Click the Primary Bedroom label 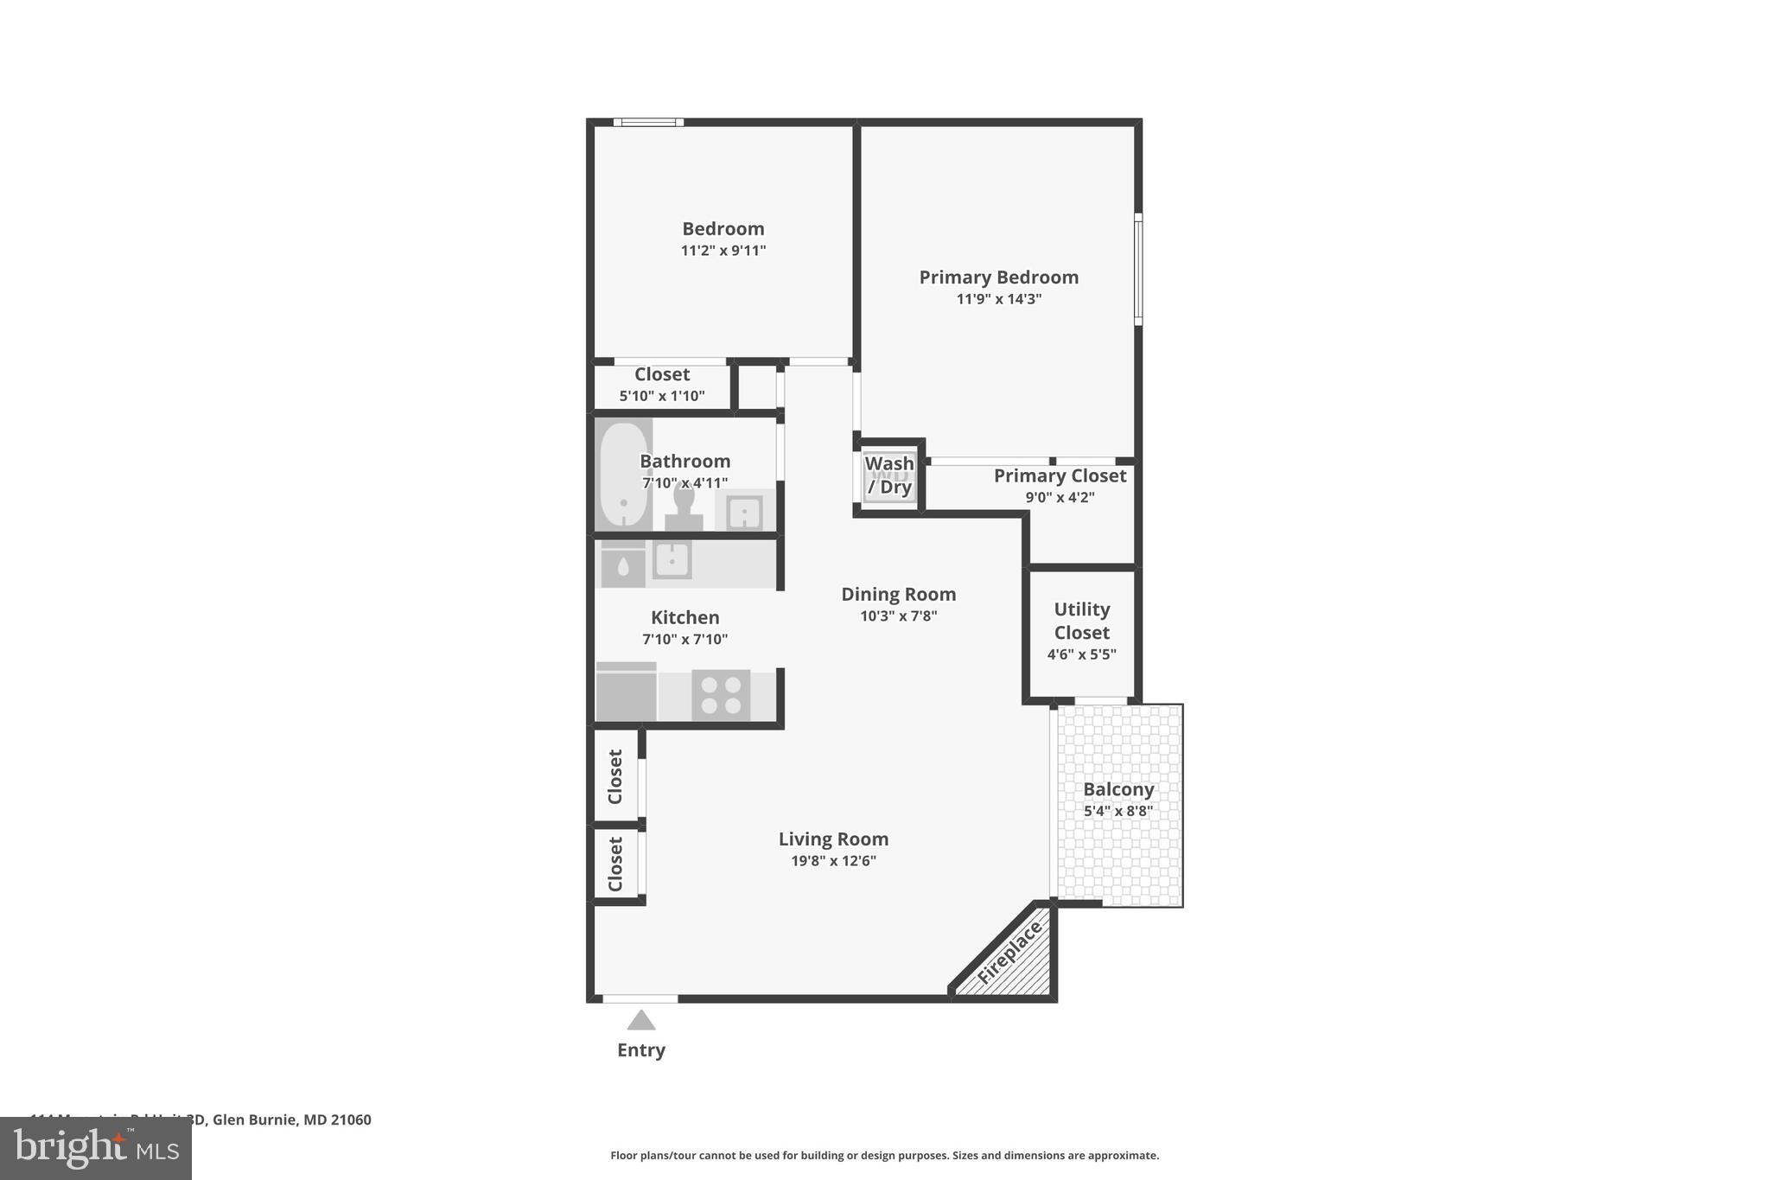click(998, 277)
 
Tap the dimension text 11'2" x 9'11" click(723, 251)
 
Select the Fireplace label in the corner click(1009, 953)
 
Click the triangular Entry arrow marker click(640, 1021)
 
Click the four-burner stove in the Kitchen click(721, 695)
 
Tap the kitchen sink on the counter click(672, 559)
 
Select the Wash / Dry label click(889, 475)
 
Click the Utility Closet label click(1081, 621)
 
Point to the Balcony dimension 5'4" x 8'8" click(1118, 811)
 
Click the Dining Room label click(898, 594)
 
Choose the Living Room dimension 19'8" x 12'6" click(833, 861)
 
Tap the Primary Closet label click(1060, 476)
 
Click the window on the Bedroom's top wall click(648, 123)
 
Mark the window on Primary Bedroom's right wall click(1138, 270)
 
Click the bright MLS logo click(96, 1149)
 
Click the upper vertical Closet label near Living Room click(615, 776)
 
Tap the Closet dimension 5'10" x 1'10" click(662, 396)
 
